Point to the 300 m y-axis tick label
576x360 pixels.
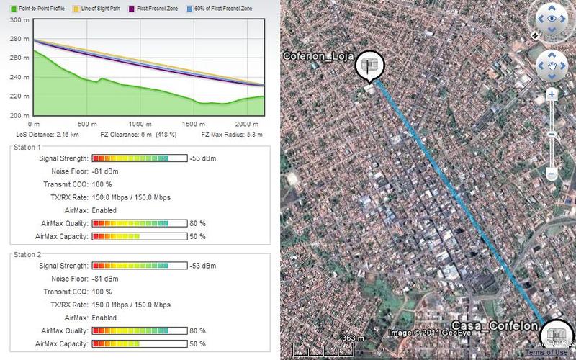click(x=19, y=19)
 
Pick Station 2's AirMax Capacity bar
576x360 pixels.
click(x=140, y=344)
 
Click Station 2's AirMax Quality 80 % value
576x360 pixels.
click(x=199, y=331)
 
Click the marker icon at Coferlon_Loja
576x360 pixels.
click(x=371, y=66)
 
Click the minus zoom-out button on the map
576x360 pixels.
click(x=552, y=174)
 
